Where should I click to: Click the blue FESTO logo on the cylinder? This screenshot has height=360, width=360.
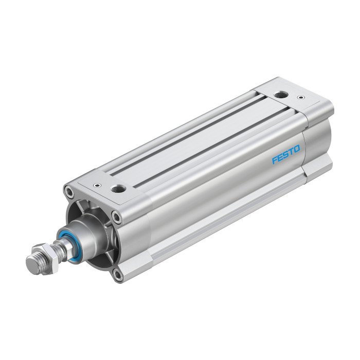coord(286,154)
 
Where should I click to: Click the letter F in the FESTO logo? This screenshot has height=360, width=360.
coord(275,160)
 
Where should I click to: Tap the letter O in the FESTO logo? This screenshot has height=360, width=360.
coord(297,149)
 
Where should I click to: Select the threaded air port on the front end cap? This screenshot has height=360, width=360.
coord(118,189)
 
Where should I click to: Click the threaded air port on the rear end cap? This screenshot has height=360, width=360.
coord(281,94)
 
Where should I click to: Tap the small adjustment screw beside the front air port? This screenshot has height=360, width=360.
coord(98,185)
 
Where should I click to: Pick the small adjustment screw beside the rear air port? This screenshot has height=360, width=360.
coord(301,98)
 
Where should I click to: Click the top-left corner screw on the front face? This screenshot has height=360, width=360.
coord(69,192)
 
